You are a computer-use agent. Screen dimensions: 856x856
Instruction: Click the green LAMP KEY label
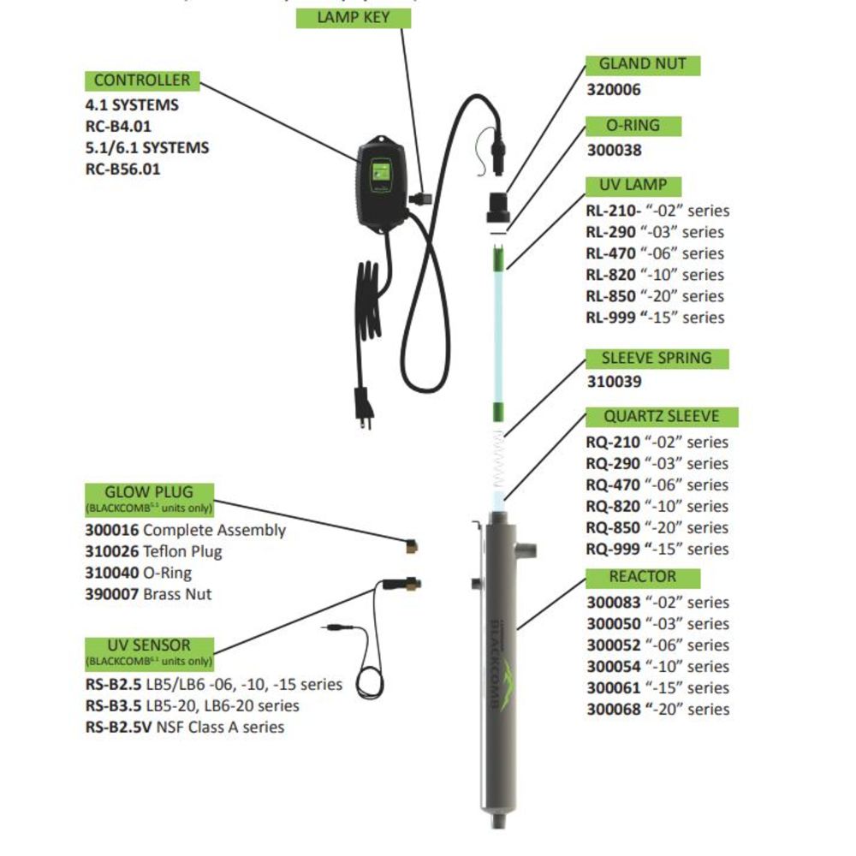pyautogui.click(x=354, y=18)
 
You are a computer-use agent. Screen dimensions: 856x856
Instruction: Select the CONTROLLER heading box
pyautogui.click(x=142, y=80)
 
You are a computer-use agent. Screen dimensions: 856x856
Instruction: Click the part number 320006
pyautogui.click(x=614, y=89)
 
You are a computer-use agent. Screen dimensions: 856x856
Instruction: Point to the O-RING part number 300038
pyautogui.click(x=614, y=150)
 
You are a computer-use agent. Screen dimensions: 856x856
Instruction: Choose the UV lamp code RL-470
pyautogui.click(x=611, y=253)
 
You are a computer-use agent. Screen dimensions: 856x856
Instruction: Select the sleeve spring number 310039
pyautogui.click(x=614, y=382)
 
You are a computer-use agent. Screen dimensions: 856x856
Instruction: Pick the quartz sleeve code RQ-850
pyautogui.click(x=612, y=528)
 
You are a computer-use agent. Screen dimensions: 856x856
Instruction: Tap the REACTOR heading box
pyautogui.click(x=643, y=577)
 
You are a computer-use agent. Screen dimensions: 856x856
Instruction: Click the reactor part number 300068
pyautogui.click(x=612, y=710)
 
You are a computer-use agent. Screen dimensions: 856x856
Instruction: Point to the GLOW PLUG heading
pyautogui.click(x=149, y=492)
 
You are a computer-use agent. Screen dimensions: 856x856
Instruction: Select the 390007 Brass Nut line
pyautogui.click(x=147, y=594)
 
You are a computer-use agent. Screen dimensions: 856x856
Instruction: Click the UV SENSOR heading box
pyautogui.click(x=149, y=645)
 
